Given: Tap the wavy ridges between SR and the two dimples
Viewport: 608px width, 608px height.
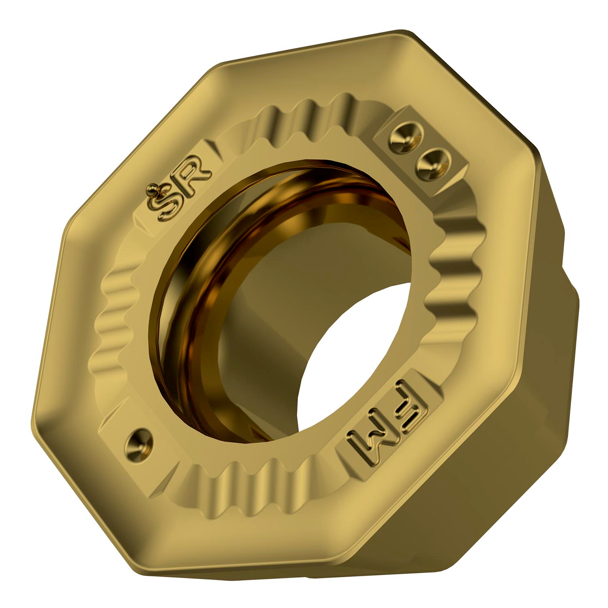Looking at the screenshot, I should tap(300, 116).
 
